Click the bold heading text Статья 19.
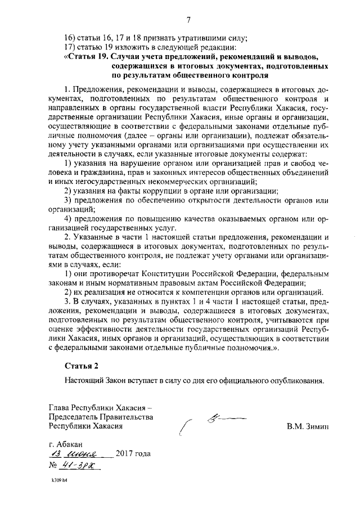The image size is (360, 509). (88, 57)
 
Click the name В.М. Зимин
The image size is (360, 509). (308, 426)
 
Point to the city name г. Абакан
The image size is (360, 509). (66, 444)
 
